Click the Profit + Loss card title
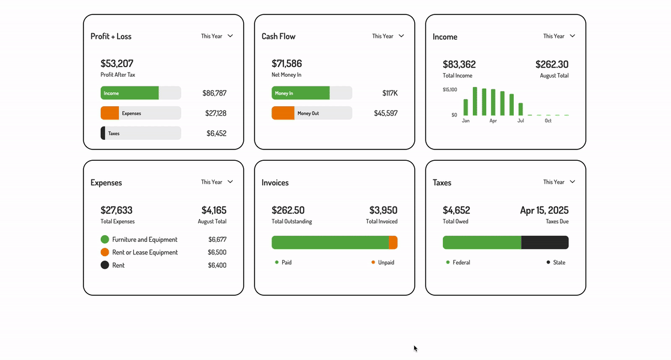111,37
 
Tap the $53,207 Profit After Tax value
117,64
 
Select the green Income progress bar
130,93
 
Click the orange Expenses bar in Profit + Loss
110,113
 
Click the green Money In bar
301,93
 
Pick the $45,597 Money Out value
385,113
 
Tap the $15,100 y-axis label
450,90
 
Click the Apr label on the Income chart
493,121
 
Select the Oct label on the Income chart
548,121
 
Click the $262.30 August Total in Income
552,64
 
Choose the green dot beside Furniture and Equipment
105,239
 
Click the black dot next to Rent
105,265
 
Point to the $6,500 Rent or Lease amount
217,253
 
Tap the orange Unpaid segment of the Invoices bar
393,242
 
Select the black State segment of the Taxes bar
544,242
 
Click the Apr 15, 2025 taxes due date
544,211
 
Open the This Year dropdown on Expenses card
217,182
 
